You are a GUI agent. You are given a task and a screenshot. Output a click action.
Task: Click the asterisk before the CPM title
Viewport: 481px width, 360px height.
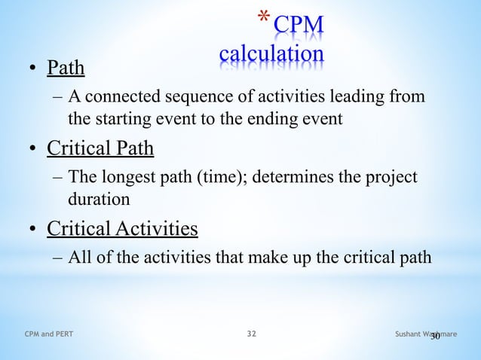[264, 18]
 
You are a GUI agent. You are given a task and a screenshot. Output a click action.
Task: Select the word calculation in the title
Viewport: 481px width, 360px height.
[271, 54]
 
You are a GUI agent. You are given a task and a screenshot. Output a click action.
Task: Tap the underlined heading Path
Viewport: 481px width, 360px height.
[66, 70]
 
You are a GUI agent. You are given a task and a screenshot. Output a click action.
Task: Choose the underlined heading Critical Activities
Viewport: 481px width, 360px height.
[122, 227]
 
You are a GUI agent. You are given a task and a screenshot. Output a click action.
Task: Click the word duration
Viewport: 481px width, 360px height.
[99, 198]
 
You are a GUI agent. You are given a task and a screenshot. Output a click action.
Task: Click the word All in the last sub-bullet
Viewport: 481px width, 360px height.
[79, 257]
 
